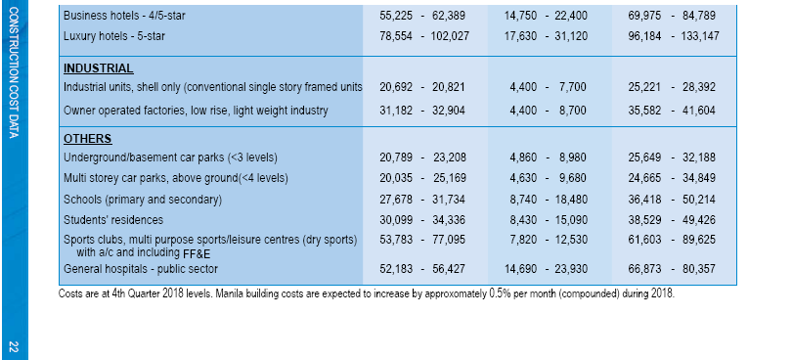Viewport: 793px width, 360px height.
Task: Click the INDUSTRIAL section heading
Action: tap(99, 68)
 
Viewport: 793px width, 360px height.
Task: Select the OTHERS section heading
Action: tap(87, 139)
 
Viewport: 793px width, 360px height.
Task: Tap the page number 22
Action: tap(14, 347)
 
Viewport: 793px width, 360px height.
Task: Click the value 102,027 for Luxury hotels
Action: tap(450, 36)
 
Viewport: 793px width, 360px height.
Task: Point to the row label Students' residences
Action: tap(113, 220)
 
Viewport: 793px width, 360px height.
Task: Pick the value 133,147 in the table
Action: tap(700, 36)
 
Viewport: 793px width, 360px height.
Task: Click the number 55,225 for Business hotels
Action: tap(396, 16)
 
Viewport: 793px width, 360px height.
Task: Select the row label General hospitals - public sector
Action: tap(141, 269)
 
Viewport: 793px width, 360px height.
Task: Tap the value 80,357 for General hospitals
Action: tap(699, 269)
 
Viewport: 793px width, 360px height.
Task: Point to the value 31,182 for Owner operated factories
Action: tap(396, 111)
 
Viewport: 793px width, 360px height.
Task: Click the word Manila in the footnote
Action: tap(229, 293)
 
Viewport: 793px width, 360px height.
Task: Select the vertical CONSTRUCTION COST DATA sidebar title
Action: tap(14, 72)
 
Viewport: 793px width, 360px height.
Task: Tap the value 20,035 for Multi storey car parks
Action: tap(396, 178)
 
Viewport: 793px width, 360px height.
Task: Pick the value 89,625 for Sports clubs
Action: tap(699, 240)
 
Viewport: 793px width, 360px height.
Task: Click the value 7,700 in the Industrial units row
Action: tap(572, 87)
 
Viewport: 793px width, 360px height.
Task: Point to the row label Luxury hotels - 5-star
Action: tap(114, 36)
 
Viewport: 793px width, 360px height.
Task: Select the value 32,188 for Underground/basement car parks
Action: tap(699, 157)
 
